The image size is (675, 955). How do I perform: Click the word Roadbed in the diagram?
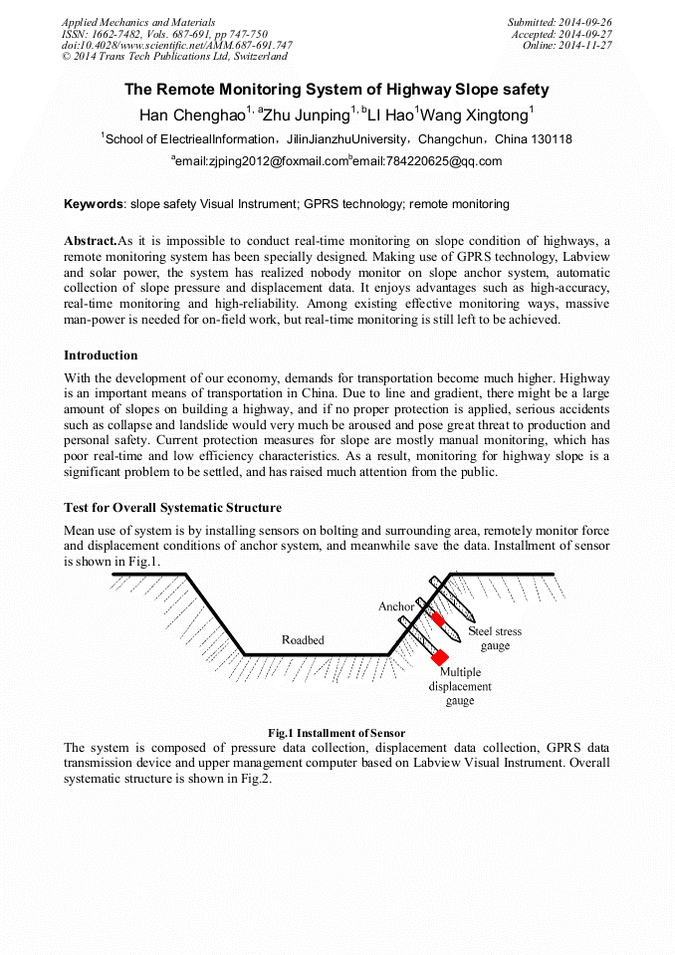[303, 639]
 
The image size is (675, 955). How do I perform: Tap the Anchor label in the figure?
[396, 606]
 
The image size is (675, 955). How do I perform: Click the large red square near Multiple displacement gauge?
[439, 657]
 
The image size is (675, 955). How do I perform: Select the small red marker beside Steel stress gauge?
[438, 618]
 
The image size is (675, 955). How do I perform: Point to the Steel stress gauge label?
[494, 638]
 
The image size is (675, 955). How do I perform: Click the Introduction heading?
[101, 356]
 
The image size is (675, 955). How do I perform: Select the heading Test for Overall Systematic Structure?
[172, 508]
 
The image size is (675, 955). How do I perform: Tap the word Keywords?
[94, 204]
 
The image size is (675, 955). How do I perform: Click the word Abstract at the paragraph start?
[90, 241]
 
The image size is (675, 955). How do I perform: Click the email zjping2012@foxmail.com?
[262, 160]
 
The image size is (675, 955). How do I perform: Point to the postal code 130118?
[550, 139]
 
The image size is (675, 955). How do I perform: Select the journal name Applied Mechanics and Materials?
[137, 21]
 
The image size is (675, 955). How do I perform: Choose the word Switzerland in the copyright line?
[253, 57]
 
